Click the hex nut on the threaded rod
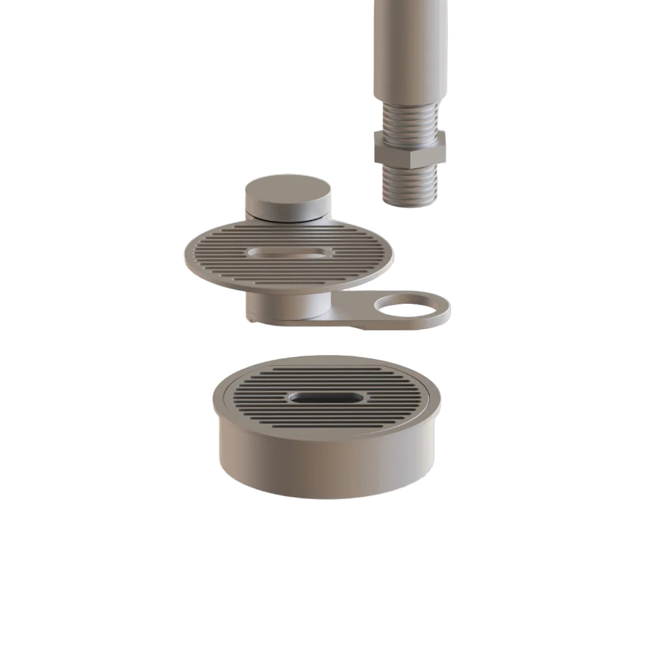click(x=410, y=148)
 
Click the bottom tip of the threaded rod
click(x=410, y=203)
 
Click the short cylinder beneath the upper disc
click(x=286, y=305)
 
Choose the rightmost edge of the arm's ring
click(x=449, y=310)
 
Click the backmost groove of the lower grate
click(x=324, y=369)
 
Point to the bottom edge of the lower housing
click(x=324, y=496)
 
